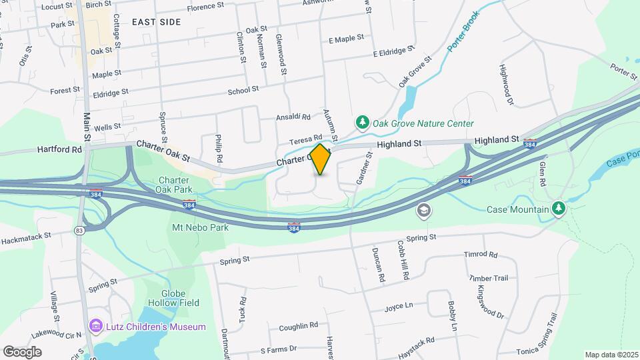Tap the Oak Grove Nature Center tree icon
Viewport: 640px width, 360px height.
pos(363,123)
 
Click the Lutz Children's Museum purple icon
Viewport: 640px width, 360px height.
pos(96,327)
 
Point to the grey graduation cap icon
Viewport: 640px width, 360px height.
pos(423,211)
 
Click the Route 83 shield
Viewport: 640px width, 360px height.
pos(80,230)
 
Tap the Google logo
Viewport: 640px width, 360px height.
pos(22,352)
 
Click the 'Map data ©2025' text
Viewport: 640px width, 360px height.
pos(611,355)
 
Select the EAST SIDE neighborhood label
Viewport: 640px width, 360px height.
pos(156,22)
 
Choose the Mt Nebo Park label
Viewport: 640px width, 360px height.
pos(201,227)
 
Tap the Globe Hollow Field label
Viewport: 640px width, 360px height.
pos(181,297)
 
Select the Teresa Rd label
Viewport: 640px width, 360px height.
pos(305,140)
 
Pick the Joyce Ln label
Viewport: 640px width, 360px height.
pos(399,307)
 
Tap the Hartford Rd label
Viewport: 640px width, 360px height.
pos(59,149)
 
